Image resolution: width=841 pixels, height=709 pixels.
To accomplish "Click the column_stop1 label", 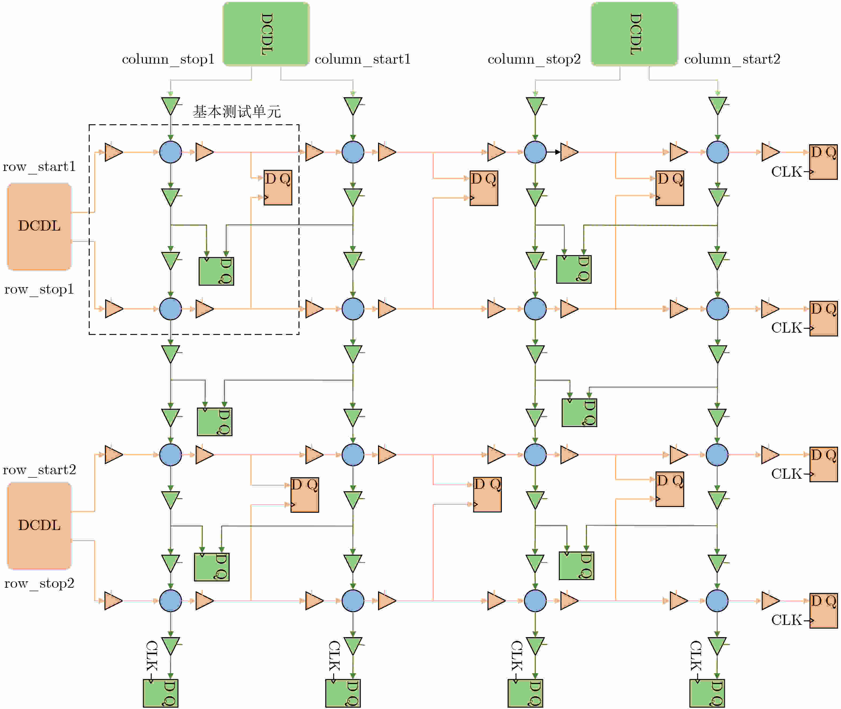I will (x=168, y=60).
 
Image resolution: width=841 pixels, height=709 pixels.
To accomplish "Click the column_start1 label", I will (x=362, y=60).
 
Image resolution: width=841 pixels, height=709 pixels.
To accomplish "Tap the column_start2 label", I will (x=732, y=60).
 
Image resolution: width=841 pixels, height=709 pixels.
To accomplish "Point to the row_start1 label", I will (x=39, y=167).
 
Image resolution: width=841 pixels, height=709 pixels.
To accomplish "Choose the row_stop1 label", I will (x=39, y=289).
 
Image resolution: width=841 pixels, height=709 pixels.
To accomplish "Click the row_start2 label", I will (x=39, y=470).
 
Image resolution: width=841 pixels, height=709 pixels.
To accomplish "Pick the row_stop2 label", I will (x=39, y=584).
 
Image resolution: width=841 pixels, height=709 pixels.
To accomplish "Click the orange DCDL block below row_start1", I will (x=39, y=226).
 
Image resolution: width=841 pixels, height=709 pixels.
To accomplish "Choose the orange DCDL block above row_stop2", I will (x=39, y=525).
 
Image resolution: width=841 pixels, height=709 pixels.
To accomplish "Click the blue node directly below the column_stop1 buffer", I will (x=171, y=152).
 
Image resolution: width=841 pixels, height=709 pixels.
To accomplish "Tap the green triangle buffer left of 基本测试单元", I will (x=171, y=106).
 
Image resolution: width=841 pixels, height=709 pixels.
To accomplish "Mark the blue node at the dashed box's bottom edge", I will (x=171, y=309).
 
